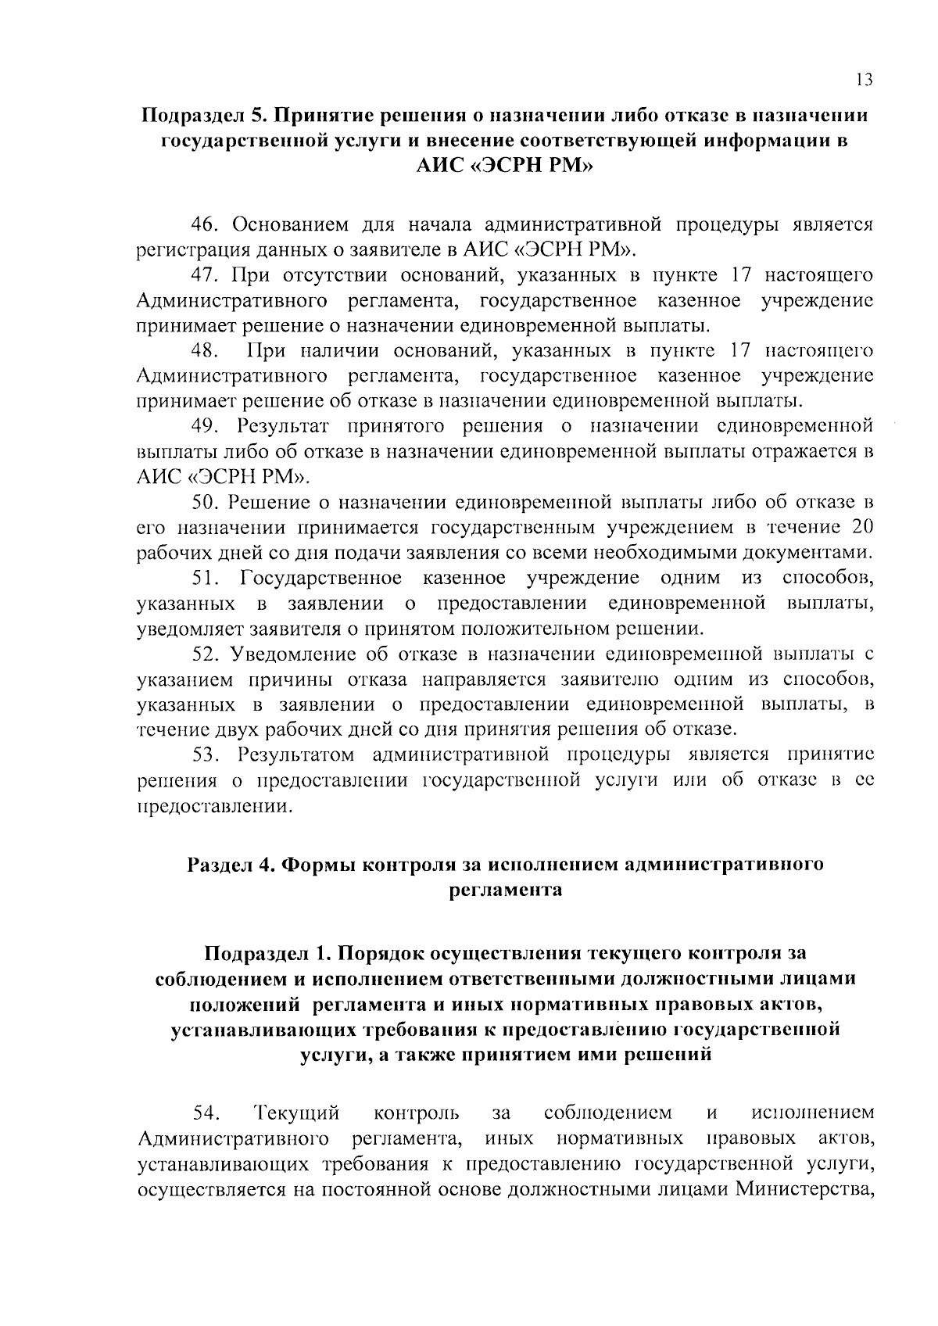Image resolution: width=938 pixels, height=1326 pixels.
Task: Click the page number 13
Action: click(x=864, y=80)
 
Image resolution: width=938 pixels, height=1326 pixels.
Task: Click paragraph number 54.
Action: click(x=207, y=1112)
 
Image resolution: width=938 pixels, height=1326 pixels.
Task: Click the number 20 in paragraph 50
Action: click(x=860, y=526)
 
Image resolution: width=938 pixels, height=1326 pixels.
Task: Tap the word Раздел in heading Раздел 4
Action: click(x=221, y=865)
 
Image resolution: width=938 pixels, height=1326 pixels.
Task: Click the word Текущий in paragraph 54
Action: click(x=298, y=1112)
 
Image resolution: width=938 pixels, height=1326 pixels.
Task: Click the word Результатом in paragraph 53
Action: click(x=298, y=754)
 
